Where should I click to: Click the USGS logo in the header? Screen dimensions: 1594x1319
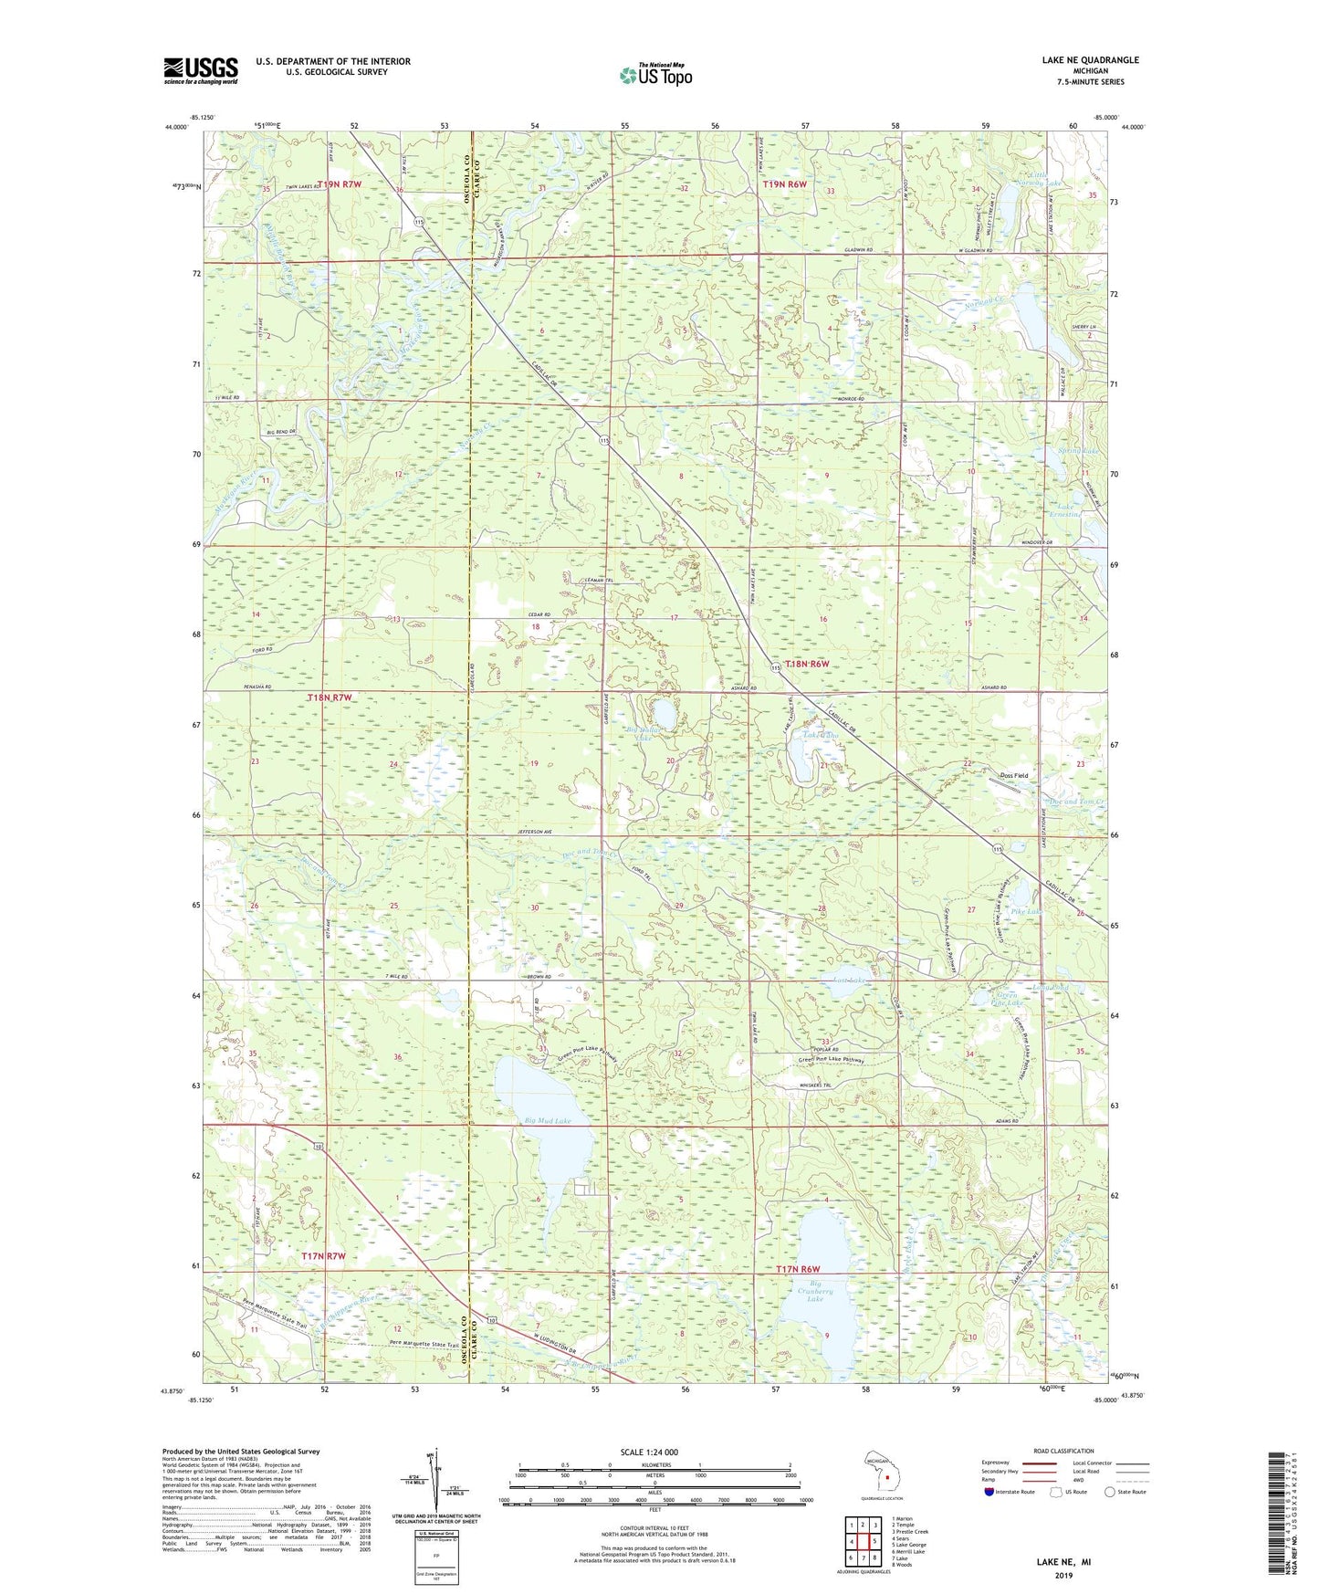(200, 70)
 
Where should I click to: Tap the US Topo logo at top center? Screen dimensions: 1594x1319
(655, 75)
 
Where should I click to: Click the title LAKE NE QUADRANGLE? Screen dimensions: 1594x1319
(1090, 60)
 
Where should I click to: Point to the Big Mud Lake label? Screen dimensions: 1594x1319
(548, 1120)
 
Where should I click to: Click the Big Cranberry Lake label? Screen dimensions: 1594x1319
(814, 1292)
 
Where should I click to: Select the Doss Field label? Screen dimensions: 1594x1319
(1013, 775)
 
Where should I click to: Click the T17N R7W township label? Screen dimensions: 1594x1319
(323, 1257)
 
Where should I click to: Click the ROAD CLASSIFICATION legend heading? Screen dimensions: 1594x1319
(1063, 1451)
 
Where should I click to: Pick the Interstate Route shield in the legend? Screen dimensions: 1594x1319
(989, 1491)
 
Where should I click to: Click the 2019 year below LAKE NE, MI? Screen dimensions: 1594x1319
(1063, 1575)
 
